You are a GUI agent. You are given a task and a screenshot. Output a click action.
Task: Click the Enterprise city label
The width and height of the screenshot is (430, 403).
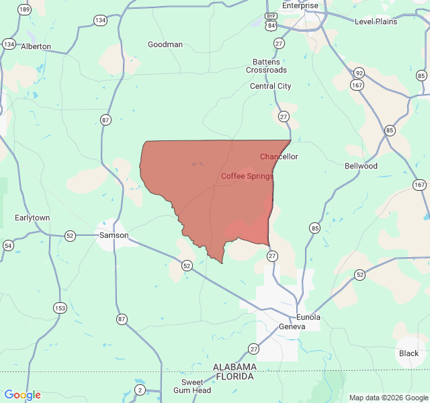click(x=300, y=5)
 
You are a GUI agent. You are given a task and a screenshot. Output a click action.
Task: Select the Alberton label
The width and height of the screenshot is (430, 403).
click(x=36, y=46)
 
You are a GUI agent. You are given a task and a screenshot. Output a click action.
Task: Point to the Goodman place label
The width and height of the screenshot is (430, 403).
click(x=165, y=45)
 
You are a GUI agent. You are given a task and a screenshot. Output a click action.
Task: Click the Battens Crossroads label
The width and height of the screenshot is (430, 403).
click(x=266, y=66)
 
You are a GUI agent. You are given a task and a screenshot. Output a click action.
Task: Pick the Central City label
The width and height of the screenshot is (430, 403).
click(x=271, y=86)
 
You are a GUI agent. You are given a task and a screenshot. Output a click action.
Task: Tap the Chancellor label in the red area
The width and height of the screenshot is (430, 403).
click(x=279, y=156)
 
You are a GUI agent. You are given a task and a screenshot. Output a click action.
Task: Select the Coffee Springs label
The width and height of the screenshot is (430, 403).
click(x=247, y=176)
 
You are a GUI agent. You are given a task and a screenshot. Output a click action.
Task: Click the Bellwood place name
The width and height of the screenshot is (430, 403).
click(x=361, y=166)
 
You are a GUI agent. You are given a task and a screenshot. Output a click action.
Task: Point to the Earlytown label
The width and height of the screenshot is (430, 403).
click(x=32, y=218)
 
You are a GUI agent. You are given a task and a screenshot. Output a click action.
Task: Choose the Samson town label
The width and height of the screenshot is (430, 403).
click(x=114, y=235)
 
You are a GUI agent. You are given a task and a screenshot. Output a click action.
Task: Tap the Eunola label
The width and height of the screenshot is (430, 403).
click(x=308, y=317)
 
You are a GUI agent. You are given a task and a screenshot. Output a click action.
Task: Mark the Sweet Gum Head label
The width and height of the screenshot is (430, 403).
click(x=192, y=386)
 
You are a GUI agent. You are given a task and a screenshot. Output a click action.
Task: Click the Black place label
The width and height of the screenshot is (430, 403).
click(x=408, y=353)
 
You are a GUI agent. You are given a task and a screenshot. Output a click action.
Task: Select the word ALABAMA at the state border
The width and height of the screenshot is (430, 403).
click(x=234, y=367)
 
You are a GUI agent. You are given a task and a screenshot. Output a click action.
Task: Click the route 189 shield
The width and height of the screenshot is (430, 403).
click(x=25, y=9)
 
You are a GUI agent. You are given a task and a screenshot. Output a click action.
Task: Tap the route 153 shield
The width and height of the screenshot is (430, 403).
click(x=60, y=308)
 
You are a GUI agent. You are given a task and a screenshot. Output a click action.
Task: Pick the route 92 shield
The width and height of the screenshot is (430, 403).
click(x=359, y=73)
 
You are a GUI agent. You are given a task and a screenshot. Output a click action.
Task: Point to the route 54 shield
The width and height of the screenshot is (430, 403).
click(x=8, y=246)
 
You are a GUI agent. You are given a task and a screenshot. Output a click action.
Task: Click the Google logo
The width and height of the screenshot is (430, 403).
click(x=23, y=395)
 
